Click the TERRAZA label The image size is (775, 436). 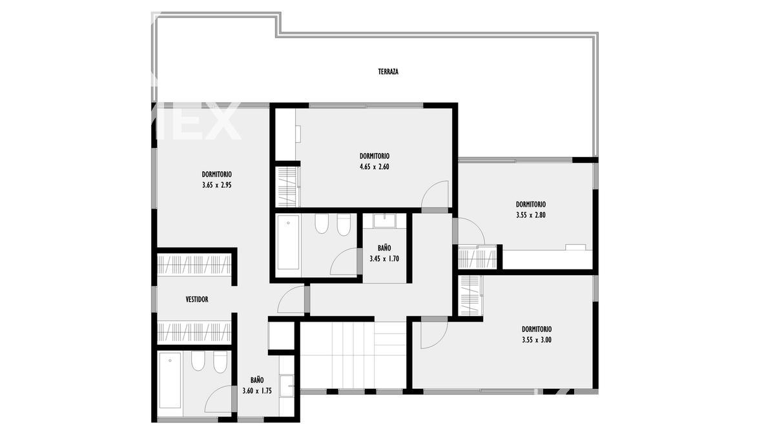[x=388, y=72]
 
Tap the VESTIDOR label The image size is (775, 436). [x=197, y=299]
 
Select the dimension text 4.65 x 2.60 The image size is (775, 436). [x=375, y=167]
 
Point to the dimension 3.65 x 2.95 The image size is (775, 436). [x=217, y=185]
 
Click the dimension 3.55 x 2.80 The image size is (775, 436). [x=531, y=215]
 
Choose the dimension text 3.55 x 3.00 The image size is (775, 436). [x=537, y=340]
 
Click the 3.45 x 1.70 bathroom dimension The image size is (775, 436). [x=384, y=259]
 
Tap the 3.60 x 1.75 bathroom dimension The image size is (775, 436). [x=257, y=391]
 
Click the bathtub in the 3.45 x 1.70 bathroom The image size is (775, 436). [x=288, y=242]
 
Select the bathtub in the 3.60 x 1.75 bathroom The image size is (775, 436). [x=170, y=380]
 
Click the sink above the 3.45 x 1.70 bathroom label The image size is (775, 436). [x=384, y=221]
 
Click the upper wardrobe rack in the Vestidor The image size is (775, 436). [x=194, y=265]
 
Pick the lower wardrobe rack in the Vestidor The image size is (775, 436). [x=194, y=333]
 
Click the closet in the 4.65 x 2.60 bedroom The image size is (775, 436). [x=287, y=187]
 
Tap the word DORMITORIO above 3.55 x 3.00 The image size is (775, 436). [x=537, y=329]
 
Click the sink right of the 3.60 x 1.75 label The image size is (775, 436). [x=286, y=386]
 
